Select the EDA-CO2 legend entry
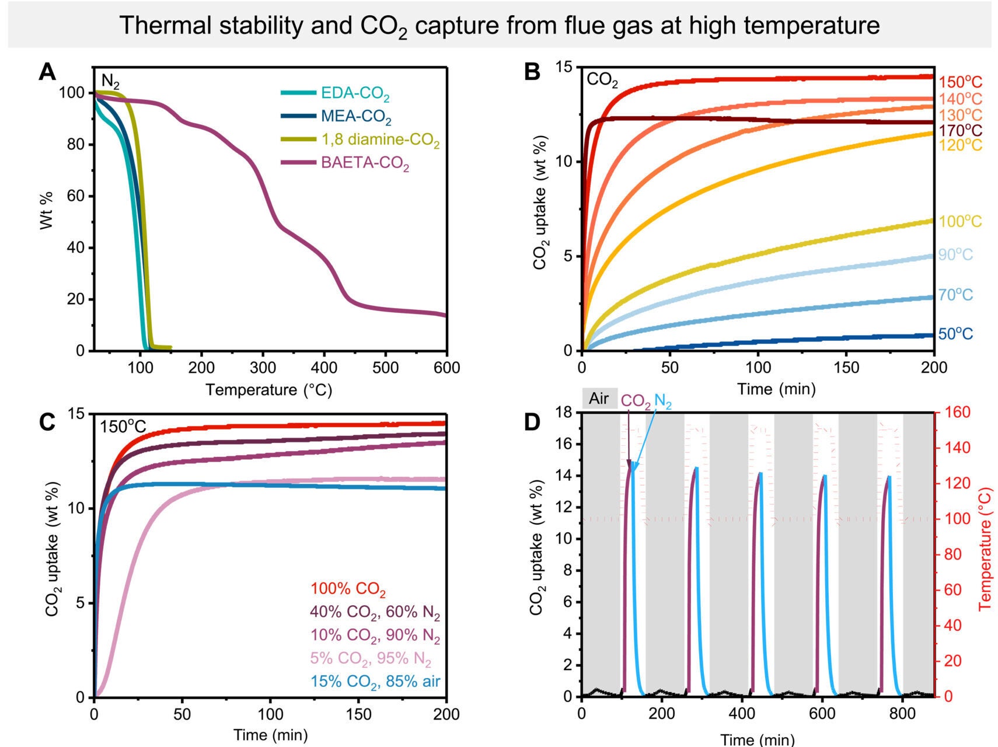(x=355, y=93)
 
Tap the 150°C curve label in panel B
(x=960, y=82)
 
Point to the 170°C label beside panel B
(x=960, y=130)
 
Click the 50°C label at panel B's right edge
(x=955, y=334)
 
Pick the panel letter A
(x=47, y=73)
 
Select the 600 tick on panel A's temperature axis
(x=446, y=368)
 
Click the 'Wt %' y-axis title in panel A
(x=47, y=210)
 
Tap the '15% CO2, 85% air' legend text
(x=375, y=682)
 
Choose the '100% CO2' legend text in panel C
(x=348, y=589)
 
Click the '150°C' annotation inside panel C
(x=123, y=427)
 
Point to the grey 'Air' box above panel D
(x=599, y=399)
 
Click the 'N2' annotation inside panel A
(x=111, y=80)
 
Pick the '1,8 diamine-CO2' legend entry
(x=380, y=140)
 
